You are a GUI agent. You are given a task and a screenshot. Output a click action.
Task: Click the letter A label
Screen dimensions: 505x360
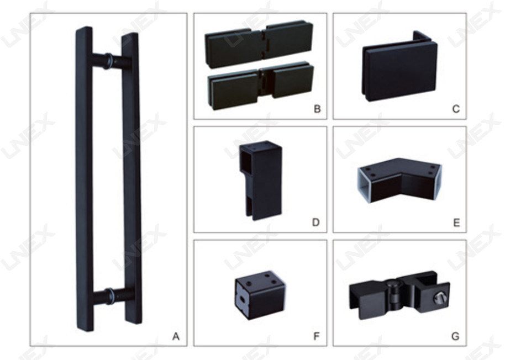coord(176,336)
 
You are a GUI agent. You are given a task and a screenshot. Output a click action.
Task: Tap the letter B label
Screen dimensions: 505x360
coord(317,109)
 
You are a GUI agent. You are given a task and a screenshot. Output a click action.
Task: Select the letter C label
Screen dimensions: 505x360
coord(456,109)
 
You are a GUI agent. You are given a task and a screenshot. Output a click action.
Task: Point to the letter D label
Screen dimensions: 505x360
coord(316,223)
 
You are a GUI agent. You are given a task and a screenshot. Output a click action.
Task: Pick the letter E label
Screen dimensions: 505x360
coord(456,223)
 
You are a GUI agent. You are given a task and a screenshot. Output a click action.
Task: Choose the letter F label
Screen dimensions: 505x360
coord(317,336)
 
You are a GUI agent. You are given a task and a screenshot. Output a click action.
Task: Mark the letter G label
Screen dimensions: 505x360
coord(455,336)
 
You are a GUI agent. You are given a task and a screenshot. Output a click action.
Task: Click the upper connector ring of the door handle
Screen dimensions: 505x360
coord(109,61)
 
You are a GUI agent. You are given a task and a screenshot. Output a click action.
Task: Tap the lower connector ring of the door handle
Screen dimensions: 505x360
coord(110,296)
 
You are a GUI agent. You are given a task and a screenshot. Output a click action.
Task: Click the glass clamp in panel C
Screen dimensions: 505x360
coord(399,66)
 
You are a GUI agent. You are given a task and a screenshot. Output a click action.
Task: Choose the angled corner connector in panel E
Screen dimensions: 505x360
coord(399,180)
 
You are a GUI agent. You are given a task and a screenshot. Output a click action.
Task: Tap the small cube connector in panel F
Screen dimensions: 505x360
coord(260,295)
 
